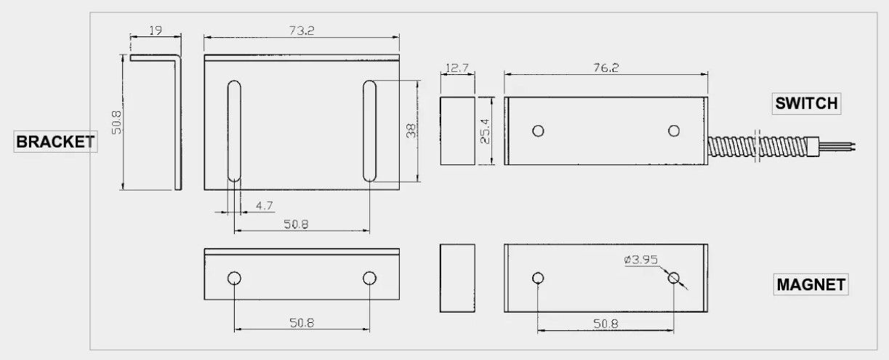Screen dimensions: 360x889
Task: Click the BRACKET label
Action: click(55, 141)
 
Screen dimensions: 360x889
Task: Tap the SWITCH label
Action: click(806, 104)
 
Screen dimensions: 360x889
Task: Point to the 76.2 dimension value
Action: click(605, 67)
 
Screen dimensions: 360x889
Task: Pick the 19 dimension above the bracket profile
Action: click(154, 30)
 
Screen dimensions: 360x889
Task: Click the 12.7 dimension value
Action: click(456, 68)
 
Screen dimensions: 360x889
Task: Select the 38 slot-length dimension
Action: click(411, 131)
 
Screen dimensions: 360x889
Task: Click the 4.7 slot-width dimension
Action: click(265, 206)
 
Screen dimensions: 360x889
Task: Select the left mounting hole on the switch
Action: click(538, 131)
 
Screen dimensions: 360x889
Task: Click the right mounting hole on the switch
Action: click(674, 131)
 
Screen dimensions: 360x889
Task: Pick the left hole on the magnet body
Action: click(538, 278)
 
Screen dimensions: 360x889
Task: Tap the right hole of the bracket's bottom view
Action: click(369, 279)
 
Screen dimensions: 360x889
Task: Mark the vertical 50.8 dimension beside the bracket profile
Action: click(115, 122)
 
